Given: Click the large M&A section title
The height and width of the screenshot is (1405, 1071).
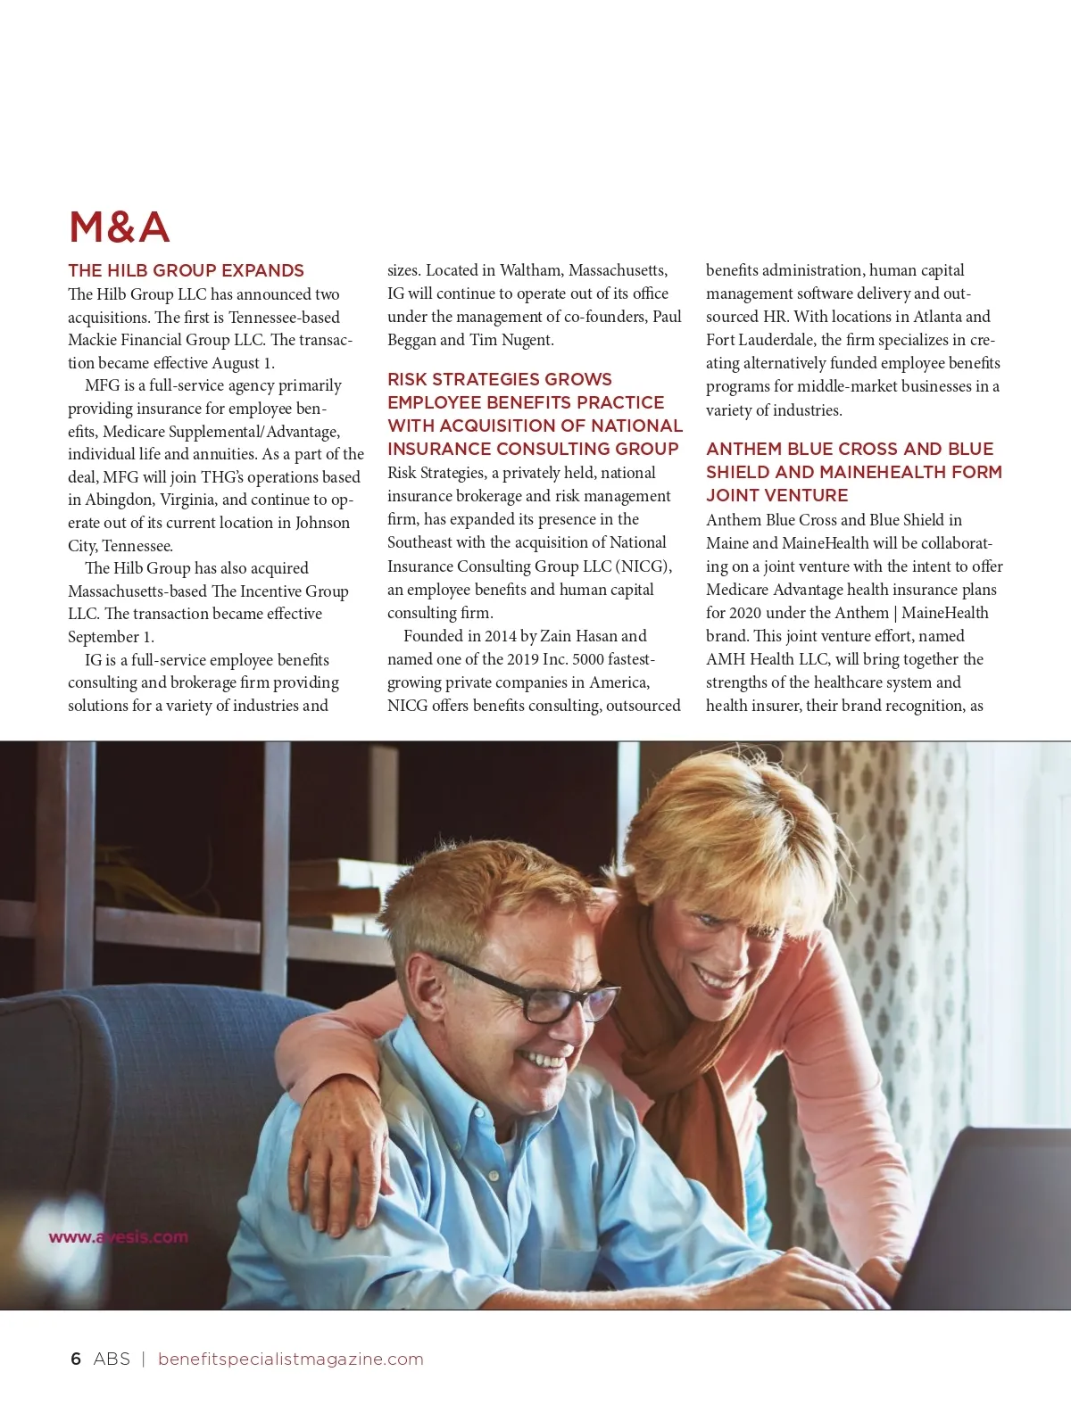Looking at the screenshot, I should coord(119,227).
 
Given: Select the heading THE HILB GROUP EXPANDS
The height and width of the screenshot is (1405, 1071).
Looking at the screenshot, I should coord(186,270).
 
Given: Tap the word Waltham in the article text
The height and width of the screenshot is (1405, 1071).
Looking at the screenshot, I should coord(531,270).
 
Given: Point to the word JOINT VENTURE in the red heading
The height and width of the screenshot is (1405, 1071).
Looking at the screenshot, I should coord(776,495).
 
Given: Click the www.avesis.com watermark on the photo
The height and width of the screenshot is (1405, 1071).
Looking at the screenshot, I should coord(118,1237).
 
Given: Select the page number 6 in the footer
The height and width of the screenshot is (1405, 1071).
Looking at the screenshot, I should coord(76,1359).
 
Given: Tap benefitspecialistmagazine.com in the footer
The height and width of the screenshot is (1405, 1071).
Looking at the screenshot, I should coord(290,1359).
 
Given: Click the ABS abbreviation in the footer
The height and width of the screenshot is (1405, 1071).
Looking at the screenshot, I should coord(112,1359).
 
